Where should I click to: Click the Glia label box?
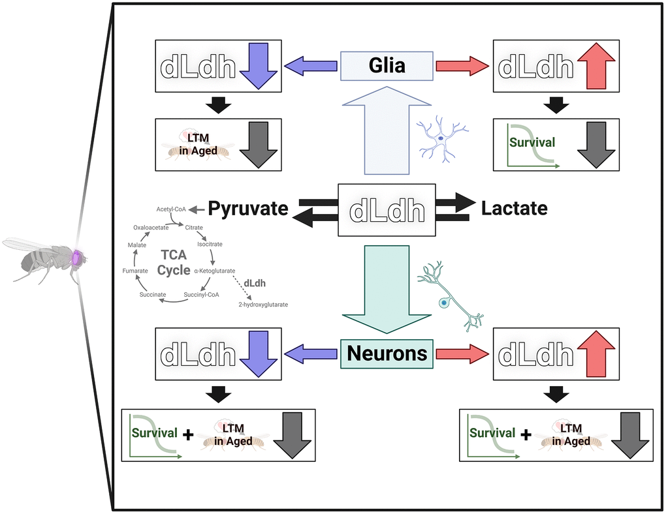[x=387, y=65]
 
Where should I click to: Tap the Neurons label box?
[x=387, y=354]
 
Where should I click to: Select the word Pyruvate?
[x=248, y=209]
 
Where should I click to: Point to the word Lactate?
[x=515, y=209]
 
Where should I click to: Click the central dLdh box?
[x=387, y=210]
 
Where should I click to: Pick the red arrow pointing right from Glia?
[x=462, y=65]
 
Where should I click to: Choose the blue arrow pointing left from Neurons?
[x=311, y=354]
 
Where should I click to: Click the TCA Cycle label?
[x=173, y=262]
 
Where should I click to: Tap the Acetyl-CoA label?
[x=171, y=209]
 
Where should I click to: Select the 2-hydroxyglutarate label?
[x=262, y=305]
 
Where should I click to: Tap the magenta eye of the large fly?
[x=78, y=258]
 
